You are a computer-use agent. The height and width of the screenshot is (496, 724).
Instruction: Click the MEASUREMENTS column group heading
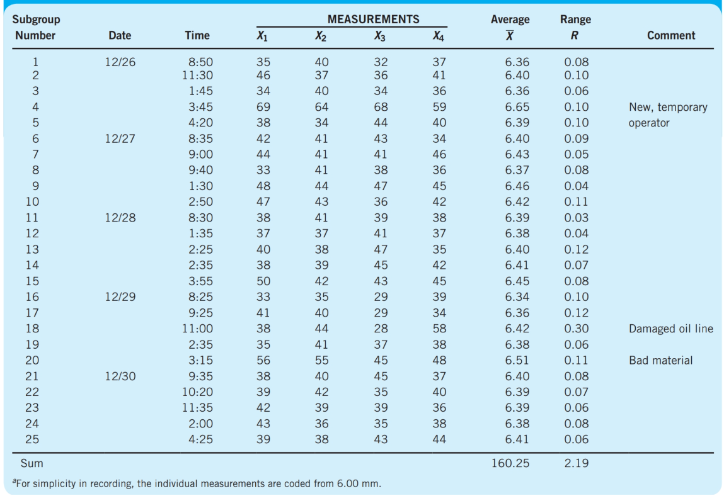coord(373,19)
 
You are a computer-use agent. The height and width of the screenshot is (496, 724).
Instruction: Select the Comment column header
coord(671,35)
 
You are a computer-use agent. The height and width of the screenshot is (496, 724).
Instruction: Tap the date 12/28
coord(120,218)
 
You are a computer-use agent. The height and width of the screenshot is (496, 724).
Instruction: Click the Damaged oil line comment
coord(670,329)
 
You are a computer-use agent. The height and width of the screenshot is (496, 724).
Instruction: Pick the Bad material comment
coord(660,360)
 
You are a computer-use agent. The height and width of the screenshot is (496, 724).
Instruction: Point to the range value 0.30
coord(577,329)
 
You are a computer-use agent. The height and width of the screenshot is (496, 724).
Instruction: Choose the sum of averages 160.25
coord(510,463)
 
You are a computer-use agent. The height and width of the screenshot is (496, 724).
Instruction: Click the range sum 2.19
coord(577,463)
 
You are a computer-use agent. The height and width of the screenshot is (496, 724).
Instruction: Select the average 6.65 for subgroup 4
coord(517,107)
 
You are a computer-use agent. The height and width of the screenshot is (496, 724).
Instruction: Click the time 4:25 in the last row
coord(200,439)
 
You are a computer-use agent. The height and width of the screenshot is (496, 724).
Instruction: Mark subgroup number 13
coord(32,249)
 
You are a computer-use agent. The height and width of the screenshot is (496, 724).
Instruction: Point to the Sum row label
coord(32,463)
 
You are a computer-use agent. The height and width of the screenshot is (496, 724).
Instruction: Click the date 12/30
coord(120,376)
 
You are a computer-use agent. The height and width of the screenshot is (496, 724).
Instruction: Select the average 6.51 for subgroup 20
coord(517,360)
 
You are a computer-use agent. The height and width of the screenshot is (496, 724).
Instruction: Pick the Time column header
coord(197,35)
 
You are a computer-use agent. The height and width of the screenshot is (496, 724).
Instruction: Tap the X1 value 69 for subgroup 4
coord(263,107)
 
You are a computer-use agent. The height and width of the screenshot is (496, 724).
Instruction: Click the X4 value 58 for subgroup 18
coord(439,329)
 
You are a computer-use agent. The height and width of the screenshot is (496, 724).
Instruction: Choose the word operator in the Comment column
coord(649,123)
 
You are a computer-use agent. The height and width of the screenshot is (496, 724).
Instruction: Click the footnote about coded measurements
coord(196,483)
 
